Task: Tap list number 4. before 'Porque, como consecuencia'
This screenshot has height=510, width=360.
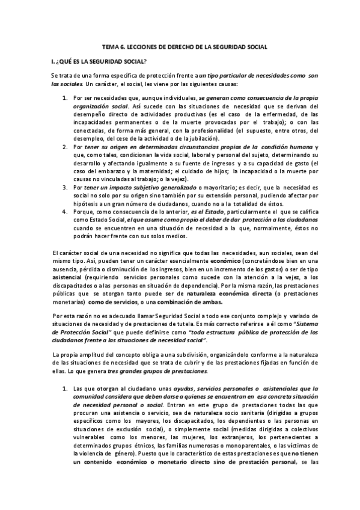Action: coord(66,211)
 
